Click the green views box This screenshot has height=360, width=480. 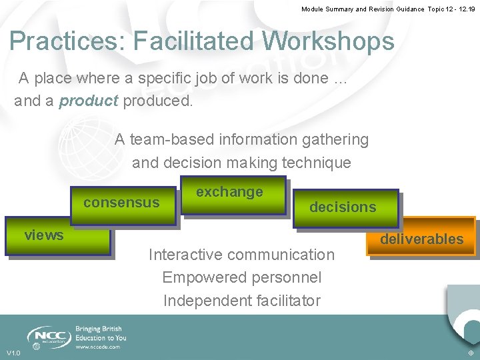57,236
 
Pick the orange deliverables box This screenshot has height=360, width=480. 422,238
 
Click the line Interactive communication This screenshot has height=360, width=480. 241,255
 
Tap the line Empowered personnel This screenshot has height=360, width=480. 241,277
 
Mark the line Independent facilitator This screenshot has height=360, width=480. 241,301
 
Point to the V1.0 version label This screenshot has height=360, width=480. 13,353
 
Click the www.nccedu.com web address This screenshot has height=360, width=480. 98,347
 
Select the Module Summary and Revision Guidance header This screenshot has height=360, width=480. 388,9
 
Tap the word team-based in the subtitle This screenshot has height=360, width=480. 167,139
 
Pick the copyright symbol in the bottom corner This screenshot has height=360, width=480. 471,353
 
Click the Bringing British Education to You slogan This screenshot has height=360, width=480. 101,333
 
